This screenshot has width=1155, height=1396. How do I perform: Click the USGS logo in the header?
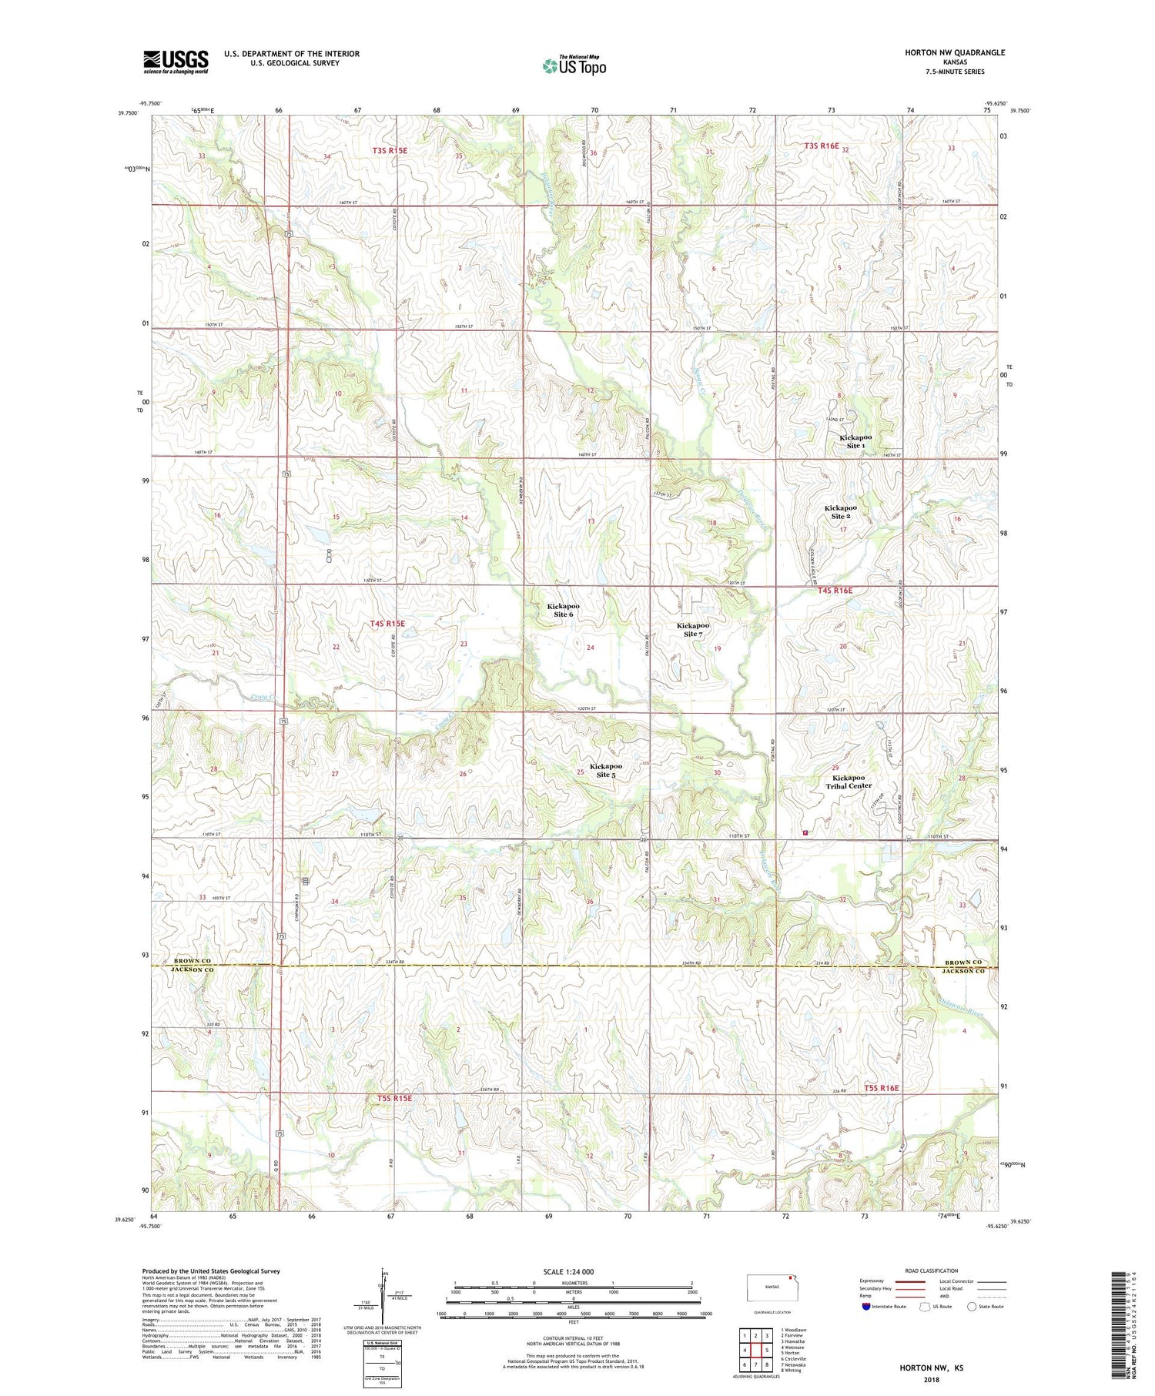(176, 62)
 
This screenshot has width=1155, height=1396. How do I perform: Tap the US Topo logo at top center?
(574, 65)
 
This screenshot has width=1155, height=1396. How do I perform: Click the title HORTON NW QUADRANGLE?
(955, 52)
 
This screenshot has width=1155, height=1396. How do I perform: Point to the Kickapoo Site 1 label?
(855, 441)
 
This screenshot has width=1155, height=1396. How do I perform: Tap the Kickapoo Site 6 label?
(563, 610)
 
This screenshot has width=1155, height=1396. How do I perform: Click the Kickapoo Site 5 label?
(606, 770)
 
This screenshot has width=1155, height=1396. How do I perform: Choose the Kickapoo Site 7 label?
(693, 629)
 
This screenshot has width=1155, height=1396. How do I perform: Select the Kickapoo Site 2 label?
(840, 512)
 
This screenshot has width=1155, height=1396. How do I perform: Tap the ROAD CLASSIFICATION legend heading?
(932, 1270)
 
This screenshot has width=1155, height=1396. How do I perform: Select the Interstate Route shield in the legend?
(867, 1306)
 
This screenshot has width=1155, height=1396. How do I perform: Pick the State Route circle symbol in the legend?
(973, 1306)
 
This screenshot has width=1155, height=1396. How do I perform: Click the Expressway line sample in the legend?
(909, 1281)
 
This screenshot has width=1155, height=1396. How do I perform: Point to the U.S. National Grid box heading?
(382, 1342)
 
